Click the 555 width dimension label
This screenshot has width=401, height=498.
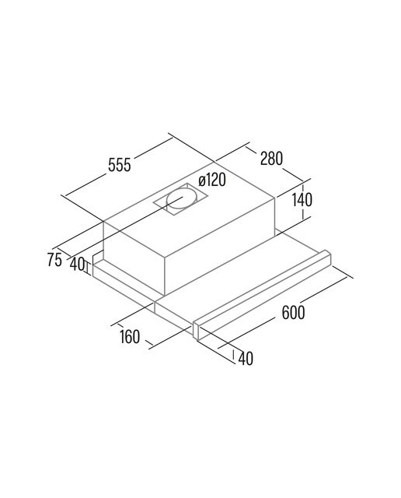click(x=119, y=165)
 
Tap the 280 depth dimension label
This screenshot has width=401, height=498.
click(x=271, y=158)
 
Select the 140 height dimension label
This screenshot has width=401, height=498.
click(x=302, y=199)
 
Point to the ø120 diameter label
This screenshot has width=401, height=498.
click(x=212, y=180)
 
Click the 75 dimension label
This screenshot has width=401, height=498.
click(x=54, y=259)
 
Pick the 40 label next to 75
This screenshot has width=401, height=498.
click(x=77, y=264)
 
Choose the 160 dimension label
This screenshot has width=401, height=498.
click(x=130, y=337)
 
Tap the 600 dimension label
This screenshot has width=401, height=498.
click(x=293, y=313)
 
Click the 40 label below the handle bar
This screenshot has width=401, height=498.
click(x=246, y=358)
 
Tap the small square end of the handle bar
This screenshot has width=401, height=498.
click(x=197, y=332)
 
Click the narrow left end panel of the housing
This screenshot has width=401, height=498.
click(x=134, y=258)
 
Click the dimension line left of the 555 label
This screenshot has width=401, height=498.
click(x=85, y=185)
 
